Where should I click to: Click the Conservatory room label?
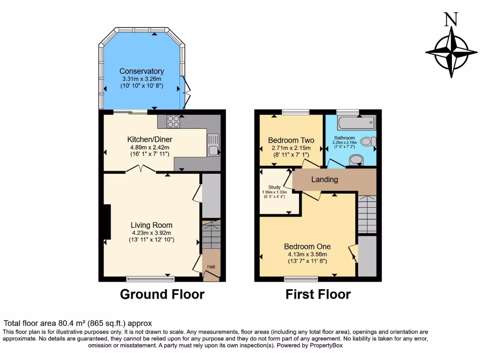coord(141,71)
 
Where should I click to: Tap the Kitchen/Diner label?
coord(150,139)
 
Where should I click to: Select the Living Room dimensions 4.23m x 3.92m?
coord(151,232)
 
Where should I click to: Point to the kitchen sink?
coord(213,150)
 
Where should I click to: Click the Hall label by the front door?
coord(211,267)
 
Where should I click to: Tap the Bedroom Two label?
coord(291,140)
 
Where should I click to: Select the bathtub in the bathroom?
coord(356,123)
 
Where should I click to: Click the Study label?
coord(274,187)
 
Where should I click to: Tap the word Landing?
coord(324,180)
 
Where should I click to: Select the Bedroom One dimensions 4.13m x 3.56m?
coord(307,255)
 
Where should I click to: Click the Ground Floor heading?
coord(162,294)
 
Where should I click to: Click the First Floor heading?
coord(318,294)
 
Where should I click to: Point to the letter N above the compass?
coord(450,19)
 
